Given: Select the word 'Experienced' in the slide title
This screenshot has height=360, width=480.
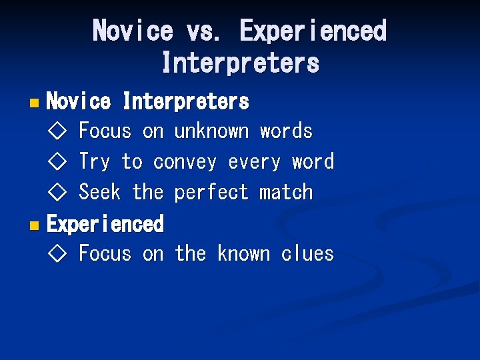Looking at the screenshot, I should (313, 31).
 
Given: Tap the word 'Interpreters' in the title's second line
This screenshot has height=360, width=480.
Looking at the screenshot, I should (240, 63).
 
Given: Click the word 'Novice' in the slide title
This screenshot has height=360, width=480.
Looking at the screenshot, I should (133, 31).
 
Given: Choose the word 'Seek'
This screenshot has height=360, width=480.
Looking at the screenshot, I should (99, 193).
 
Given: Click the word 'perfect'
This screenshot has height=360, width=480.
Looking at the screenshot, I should (211, 193).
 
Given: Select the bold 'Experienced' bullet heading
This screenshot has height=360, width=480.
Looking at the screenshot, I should (105, 224).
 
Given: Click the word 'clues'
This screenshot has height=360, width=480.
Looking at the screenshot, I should (307, 254).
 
